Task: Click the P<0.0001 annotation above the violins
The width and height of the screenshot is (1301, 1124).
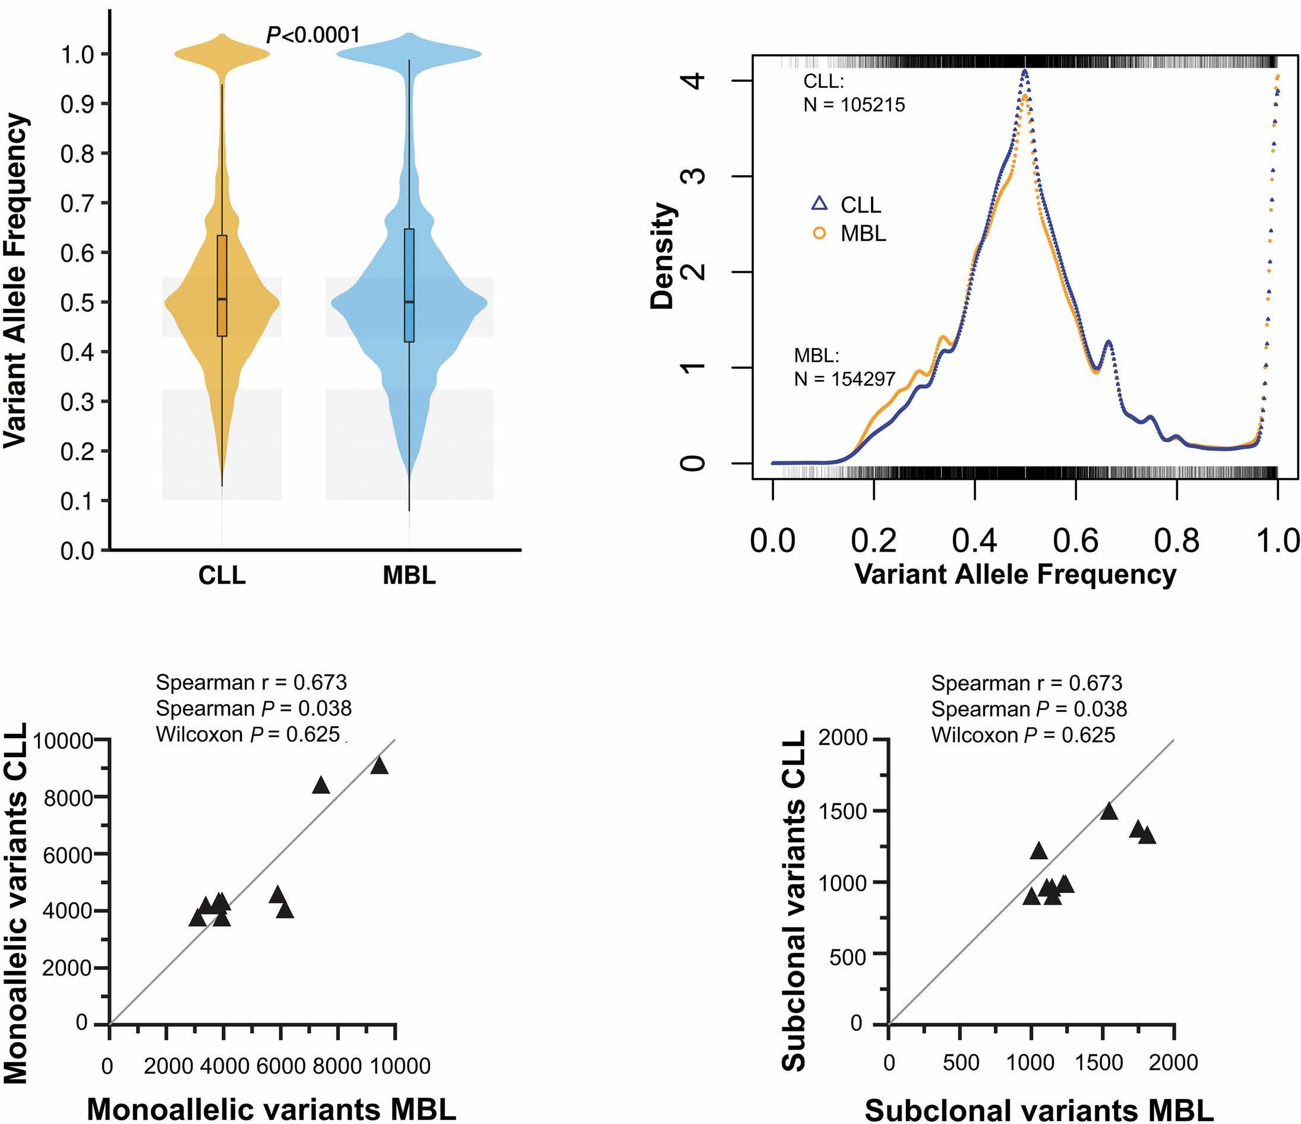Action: pos(312,35)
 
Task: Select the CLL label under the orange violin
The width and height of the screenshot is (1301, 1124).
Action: pos(222,575)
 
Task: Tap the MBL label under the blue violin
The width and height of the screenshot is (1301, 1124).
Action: pos(409,575)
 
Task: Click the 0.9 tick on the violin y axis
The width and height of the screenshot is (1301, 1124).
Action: pos(77,104)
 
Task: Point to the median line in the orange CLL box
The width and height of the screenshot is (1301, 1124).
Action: pos(222,299)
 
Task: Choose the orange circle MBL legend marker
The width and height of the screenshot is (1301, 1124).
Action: pos(819,233)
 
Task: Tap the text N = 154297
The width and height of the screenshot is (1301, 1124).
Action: pos(844,378)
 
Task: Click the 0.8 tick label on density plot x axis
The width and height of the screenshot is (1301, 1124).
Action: pos(1176,540)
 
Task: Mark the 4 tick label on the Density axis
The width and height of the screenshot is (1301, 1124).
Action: pos(696,80)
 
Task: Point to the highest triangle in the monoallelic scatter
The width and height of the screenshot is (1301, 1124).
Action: pos(379,765)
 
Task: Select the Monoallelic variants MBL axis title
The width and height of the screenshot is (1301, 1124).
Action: pos(271,1109)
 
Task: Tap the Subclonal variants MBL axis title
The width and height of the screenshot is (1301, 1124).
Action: pos(1039,1110)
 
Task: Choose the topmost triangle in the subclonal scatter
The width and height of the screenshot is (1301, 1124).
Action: pos(1109,811)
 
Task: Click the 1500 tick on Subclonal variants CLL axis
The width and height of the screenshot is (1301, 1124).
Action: pos(843,812)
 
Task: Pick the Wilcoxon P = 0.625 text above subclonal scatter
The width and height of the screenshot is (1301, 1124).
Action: pos(1023,735)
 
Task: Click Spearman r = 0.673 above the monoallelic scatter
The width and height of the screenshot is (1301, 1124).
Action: pos(251,682)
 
